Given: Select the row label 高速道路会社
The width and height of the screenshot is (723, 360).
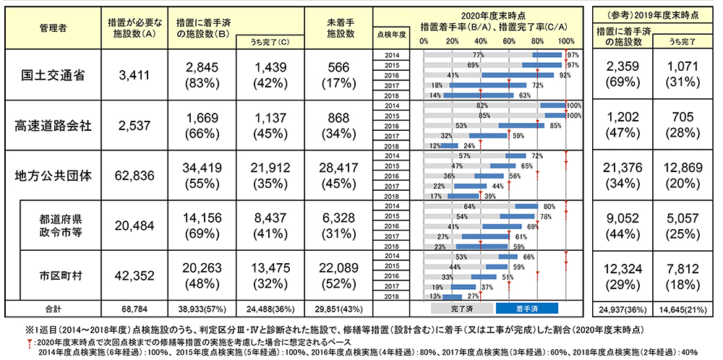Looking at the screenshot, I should (54, 125).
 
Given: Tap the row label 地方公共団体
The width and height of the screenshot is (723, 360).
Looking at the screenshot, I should (54, 176).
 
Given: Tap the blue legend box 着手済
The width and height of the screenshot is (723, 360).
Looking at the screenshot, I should (526, 307).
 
